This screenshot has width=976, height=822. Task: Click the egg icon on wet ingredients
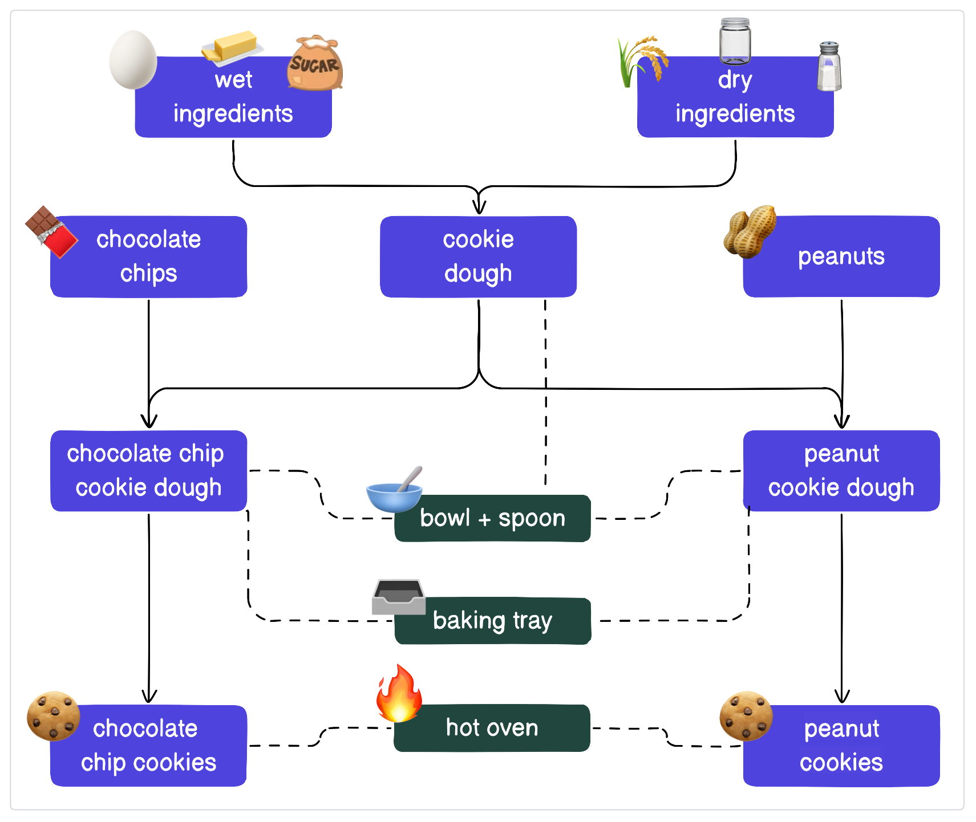pos(133,60)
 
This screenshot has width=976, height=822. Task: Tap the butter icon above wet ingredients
pos(233,46)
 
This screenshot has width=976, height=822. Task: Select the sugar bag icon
pos(314,63)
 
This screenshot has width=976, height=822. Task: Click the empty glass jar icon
pos(735,41)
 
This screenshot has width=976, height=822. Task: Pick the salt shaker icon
pos(829,67)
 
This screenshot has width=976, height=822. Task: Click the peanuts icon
pos(750,231)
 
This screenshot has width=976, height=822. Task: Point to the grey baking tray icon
pos(398,597)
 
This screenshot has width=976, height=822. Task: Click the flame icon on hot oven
pos(399,694)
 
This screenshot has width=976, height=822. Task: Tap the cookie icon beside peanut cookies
pos(746,716)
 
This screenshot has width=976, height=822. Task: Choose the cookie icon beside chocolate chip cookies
pos(54,716)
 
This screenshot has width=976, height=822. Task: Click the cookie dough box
pos(478,257)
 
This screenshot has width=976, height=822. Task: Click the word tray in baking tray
pos(532,621)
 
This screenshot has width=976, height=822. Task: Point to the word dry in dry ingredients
pos(735,80)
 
